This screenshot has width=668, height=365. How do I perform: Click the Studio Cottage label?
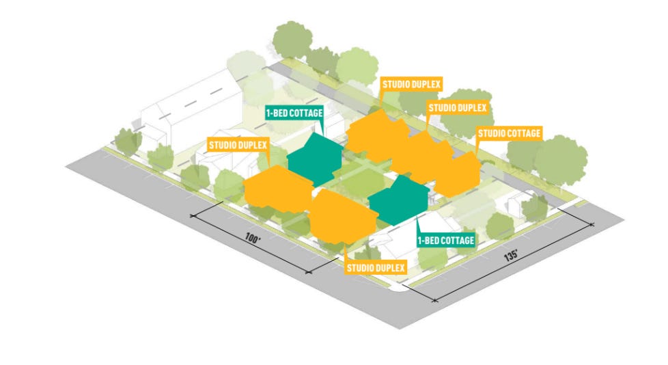(510, 133)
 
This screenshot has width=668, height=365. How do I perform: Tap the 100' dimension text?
(253, 240)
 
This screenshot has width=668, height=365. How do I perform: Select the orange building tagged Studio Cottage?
(457, 174)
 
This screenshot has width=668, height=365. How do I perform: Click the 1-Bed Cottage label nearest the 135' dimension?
(446, 241)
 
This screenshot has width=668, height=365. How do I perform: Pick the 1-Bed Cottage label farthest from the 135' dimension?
(294, 111)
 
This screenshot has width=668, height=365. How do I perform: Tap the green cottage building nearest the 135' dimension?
(399, 200)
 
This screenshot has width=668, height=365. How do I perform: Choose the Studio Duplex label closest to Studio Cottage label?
(457, 108)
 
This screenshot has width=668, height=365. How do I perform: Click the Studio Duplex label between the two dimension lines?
(376, 267)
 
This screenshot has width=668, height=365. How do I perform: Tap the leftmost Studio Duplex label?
(238, 145)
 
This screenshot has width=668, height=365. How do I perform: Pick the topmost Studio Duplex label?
(412, 85)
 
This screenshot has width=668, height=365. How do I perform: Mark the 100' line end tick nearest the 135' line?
(311, 273)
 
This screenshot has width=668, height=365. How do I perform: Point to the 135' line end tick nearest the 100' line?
(433, 299)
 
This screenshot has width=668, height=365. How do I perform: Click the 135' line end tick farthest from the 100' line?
(592, 224)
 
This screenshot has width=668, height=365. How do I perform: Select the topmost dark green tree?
(293, 38)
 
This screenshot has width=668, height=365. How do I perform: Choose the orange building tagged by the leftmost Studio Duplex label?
(277, 188)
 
